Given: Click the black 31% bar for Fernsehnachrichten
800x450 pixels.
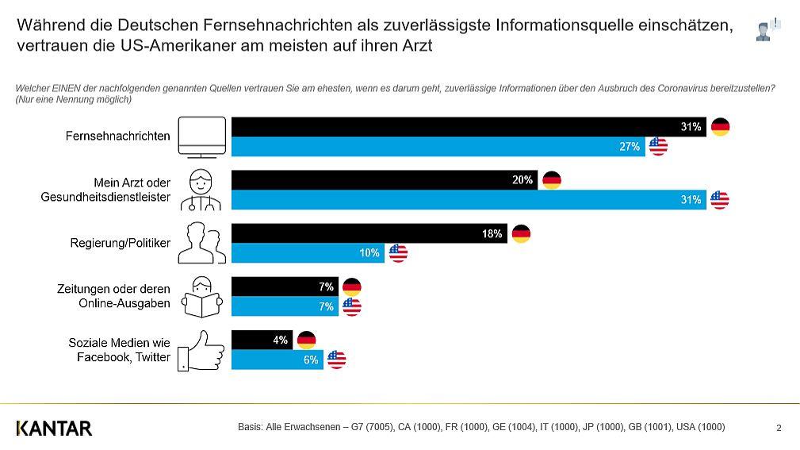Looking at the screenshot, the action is pos(469,127).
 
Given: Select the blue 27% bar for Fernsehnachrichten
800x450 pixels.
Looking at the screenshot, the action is pos(438,147).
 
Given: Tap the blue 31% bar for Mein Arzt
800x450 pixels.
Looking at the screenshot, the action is pos(469,200).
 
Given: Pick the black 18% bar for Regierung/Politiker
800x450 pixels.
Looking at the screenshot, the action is pos(369,233).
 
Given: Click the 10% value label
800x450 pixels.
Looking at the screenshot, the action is pos(369,253).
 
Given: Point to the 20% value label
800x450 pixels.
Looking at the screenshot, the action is pos(522,180).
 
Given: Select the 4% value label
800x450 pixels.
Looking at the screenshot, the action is pos(280,340).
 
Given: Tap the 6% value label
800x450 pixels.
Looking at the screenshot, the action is pos(311,360).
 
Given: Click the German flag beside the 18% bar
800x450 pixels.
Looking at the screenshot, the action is pos(521,234).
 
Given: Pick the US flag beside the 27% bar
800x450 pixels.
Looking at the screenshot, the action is pos(658,147).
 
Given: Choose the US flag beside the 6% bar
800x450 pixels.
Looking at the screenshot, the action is pos(337,360).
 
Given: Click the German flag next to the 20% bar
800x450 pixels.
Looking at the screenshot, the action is pos(552,180).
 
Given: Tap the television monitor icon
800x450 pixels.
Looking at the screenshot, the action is pos(202,137).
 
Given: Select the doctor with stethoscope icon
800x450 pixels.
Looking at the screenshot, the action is pos(201,190).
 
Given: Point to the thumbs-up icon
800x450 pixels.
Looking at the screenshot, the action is pos(201,351).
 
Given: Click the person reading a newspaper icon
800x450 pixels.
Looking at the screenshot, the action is pos(202,298).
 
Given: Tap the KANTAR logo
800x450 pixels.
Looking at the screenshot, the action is pos(54,429).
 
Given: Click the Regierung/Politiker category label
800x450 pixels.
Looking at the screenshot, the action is pos(121,243).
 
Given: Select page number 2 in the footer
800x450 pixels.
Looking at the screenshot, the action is pos(779,428).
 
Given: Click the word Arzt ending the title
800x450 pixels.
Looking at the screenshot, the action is pos(417,46).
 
